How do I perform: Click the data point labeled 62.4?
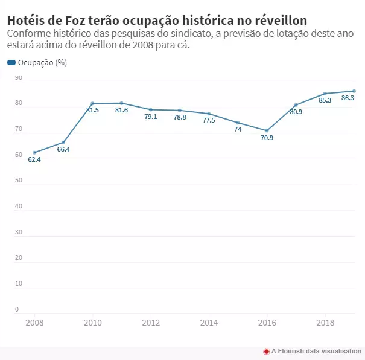[34, 152]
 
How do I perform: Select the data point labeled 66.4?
[63, 142]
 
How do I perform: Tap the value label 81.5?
[92, 110]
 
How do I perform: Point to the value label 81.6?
[121, 110]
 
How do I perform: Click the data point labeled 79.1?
[151, 109]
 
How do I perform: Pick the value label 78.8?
[180, 117]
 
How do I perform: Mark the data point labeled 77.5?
[209, 114]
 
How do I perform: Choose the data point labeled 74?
[238, 123]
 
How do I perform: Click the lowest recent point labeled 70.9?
[267, 130]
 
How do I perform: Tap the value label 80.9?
[296, 112]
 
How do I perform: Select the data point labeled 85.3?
[325, 94]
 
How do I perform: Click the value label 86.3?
[348, 98]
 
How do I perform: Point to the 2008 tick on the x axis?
[34, 323]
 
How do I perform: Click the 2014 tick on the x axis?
[209, 323]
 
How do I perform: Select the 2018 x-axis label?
[325, 323]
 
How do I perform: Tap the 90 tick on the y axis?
[18, 78]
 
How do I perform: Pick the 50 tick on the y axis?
[18, 181]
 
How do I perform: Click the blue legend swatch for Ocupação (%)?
[11, 63]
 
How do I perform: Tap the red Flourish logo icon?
[266, 351]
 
